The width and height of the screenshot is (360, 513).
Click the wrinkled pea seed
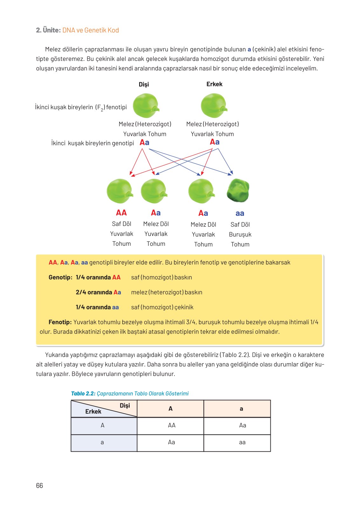point(238,191)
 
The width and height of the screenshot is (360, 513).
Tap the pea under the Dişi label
point(146,105)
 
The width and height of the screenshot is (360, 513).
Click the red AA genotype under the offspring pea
point(121,213)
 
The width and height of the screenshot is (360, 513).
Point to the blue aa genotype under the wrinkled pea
point(240,213)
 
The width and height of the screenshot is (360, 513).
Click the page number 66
point(39,485)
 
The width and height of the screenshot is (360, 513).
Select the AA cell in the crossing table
point(172,425)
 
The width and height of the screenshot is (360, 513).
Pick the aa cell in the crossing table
point(242,442)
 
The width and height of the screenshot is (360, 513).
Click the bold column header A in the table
point(170,408)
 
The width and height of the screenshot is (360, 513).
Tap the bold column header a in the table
point(241,408)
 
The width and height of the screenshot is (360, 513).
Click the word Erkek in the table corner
point(93,411)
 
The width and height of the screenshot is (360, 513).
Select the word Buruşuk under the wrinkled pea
point(240,234)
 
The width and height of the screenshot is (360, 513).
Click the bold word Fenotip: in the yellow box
point(60,322)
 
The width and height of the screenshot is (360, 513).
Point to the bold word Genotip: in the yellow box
point(60,277)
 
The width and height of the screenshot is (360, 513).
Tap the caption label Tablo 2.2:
point(83,394)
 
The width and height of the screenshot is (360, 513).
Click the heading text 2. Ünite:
point(48,30)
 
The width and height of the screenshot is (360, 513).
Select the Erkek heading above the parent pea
point(214,84)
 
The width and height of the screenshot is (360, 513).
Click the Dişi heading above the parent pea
point(144,84)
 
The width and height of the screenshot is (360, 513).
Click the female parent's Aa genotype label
point(145,143)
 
